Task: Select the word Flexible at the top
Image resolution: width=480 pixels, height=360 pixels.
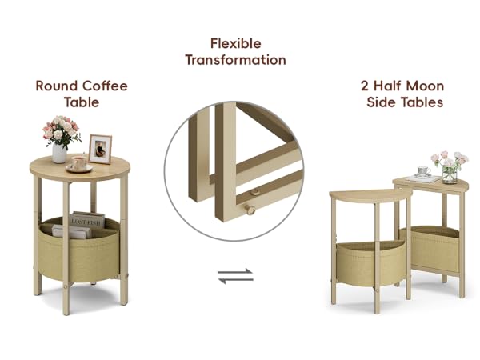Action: pyautogui.click(x=235, y=43)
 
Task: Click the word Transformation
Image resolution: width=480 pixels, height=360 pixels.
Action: pyautogui.click(x=235, y=60)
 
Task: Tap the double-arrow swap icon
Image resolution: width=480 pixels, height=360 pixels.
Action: pyautogui.click(x=235, y=276)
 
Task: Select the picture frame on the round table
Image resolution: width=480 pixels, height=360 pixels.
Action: pyautogui.click(x=100, y=148)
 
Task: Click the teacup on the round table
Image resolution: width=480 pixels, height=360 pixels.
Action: pyautogui.click(x=78, y=163)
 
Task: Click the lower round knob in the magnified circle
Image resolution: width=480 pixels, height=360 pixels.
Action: pyautogui.click(x=250, y=210)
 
